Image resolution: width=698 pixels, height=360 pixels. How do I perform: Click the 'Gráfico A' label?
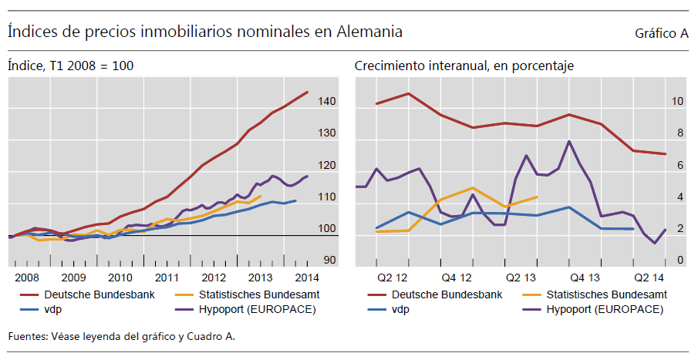coord(661,34)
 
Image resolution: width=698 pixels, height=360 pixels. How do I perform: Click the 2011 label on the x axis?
coord(167,278)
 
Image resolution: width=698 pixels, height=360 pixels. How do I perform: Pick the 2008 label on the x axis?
coord(26,278)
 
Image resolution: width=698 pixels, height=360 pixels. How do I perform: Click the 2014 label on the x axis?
coord(307,278)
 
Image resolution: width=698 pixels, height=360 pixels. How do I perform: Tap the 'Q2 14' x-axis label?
coord(649,278)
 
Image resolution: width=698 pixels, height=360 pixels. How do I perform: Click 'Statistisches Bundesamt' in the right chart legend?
coord(606,294)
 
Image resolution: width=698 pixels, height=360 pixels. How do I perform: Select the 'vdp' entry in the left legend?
coord(53,309)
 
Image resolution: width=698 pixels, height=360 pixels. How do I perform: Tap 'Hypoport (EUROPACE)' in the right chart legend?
coord(604,309)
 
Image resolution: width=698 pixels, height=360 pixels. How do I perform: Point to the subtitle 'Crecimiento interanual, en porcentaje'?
coord(464,66)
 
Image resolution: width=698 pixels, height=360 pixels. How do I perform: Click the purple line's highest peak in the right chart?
coord(568,141)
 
